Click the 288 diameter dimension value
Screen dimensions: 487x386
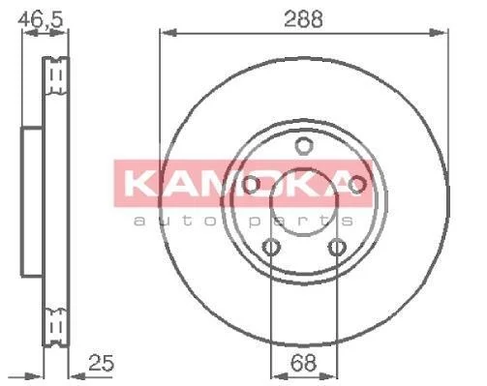coord(303,18)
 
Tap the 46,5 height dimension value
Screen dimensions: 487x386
coord(40,19)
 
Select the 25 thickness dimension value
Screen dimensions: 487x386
coord(101,363)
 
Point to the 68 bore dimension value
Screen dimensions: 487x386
coord(303,363)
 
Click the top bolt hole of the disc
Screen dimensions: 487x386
coord(304,146)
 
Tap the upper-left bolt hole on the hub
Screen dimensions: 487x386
coord(251,185)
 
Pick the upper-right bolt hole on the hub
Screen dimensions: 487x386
coord(356,185)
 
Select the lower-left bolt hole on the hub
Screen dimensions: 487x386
coord(271,248)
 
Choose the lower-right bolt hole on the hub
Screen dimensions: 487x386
coord(337,248)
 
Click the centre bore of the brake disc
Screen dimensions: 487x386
coord(304,202)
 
